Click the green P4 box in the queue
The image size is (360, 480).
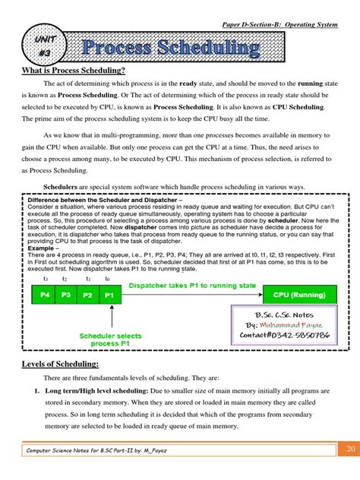pyautogui.click(x=45, y=295)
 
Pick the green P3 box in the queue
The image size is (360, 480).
pyautogui.click(x=67, y=295)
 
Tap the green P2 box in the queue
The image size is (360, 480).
pyautogui.click(x=88, y=295)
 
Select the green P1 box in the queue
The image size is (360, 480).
pyautogui.click(x=110, y=295)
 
